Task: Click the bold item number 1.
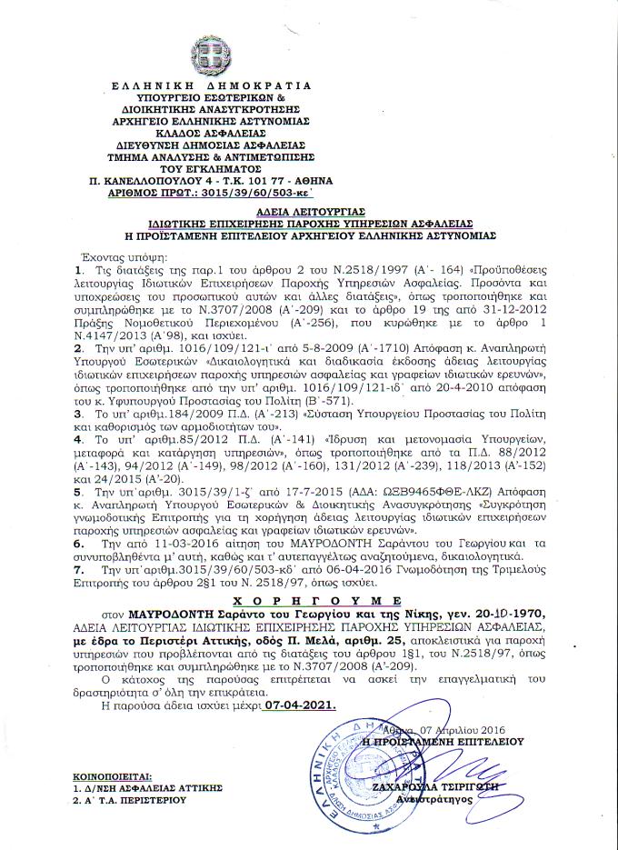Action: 79,270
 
